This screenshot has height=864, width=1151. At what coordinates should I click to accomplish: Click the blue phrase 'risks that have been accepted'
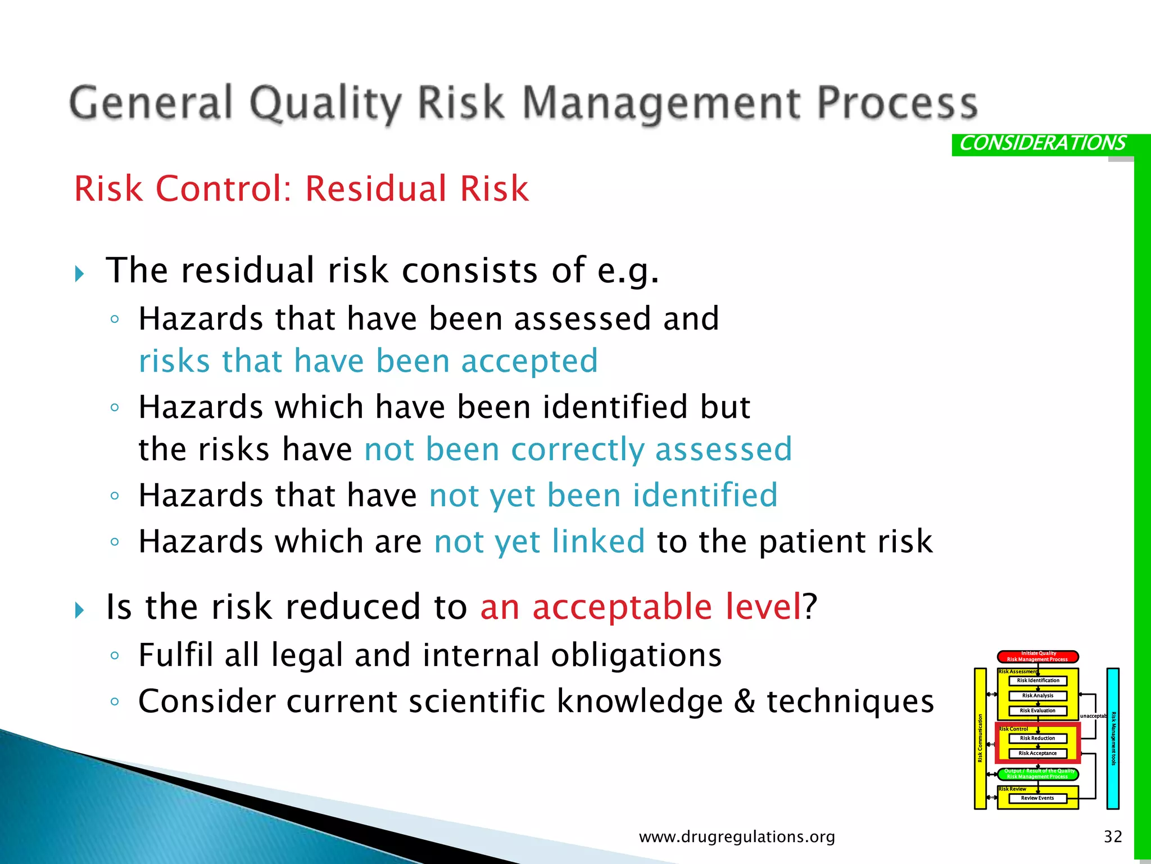[x=368, y=361]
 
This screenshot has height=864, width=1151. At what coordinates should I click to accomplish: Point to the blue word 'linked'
[x=598, y=541]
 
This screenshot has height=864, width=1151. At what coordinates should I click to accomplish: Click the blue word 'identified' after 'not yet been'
[x=705, y=496]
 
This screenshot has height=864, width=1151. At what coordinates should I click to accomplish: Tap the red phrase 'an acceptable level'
[x=641, y=607]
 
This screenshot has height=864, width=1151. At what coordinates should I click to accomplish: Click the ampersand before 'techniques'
[x=745, y=701]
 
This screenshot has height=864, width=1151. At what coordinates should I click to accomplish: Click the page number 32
[x=1113, y=836]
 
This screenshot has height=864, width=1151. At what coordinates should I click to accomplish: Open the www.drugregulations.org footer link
[x=737, y=836]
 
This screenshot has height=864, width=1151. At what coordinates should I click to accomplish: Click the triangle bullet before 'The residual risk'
[x=80, y=274]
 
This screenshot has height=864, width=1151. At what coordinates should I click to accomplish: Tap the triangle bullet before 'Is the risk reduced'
[x=80, y=610]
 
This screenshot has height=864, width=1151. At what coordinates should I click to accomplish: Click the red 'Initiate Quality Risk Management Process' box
[x=1037, y=656]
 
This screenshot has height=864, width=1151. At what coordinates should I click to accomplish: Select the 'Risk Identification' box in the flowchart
[x=1037, y=681]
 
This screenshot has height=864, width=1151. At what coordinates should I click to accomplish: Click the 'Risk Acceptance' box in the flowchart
[x=1037, y=753]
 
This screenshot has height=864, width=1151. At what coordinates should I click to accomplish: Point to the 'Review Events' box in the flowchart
[x=1037, y=798]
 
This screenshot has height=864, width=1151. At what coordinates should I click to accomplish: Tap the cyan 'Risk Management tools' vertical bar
[x=1113, y=738]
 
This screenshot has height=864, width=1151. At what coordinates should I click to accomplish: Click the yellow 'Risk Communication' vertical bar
[x=980, y=738]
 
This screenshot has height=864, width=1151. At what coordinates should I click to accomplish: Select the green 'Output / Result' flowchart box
[x=1037, y=774]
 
